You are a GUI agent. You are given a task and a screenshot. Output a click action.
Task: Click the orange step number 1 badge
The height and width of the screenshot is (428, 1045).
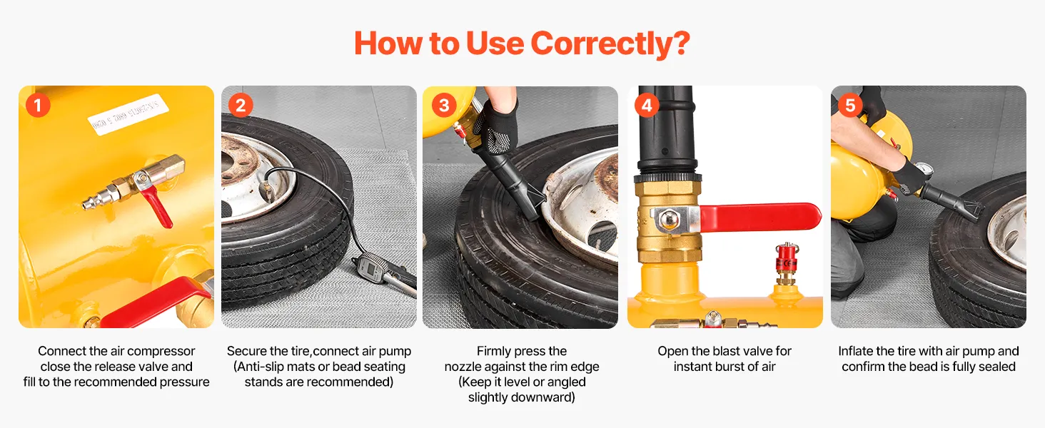click(39, 106)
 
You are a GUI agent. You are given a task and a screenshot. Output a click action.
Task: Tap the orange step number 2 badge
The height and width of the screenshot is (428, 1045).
click(241, 106)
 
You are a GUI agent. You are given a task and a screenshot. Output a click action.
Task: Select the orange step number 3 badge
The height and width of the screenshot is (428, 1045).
click(444, 106)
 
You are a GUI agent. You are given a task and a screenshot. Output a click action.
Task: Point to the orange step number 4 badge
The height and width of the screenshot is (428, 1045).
click(647, 106)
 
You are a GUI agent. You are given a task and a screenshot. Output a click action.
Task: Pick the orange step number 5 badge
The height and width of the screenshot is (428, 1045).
click(850, 106)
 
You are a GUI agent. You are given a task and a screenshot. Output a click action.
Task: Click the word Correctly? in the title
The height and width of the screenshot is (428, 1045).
click(610, 44)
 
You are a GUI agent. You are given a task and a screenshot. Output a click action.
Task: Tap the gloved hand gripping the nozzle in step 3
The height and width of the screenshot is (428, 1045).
click(500, 125)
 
